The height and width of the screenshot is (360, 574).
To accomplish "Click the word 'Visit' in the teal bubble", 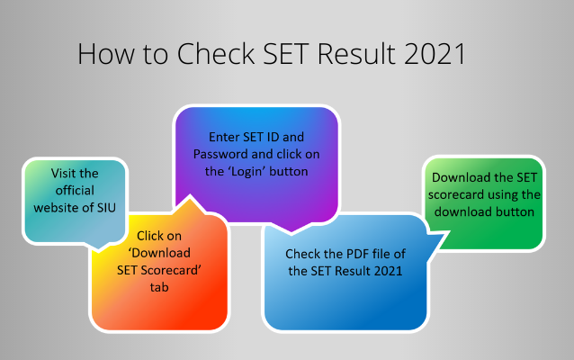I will point(63,174).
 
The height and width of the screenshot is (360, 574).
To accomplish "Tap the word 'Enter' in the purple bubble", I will point(225,138).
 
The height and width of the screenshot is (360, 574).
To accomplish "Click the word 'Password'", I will point(221,154).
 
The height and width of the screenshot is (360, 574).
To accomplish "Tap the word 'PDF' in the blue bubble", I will point(356,255).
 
